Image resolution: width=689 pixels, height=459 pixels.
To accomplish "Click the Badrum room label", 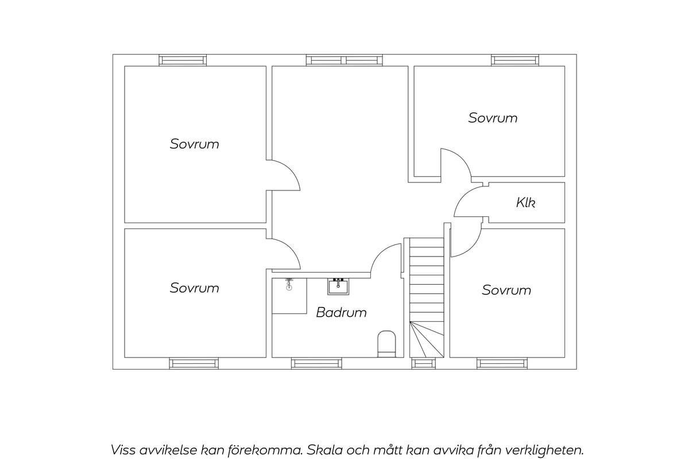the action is (341, 312).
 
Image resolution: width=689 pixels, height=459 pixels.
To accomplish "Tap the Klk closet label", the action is (526, 203).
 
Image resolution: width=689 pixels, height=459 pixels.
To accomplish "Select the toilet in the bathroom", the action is (386, 344).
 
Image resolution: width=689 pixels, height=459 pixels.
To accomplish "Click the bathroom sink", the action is (338, 286).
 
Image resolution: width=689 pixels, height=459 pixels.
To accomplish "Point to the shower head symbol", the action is (289, 285).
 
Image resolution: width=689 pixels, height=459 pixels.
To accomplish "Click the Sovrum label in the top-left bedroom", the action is (195, 144).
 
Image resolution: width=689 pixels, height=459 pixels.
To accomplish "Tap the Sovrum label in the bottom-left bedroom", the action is (195, 288).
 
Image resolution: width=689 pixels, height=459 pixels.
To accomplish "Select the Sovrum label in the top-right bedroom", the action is (493, 118).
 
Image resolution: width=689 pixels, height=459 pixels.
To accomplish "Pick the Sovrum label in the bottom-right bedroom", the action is (506, 290).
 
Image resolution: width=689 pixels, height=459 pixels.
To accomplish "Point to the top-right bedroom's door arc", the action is (463, 157).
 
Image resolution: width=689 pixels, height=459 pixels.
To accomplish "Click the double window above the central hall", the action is (344, 60).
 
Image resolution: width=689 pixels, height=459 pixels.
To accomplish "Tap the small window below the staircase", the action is (424, 364).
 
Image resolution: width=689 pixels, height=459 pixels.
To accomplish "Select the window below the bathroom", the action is (316, 364).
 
